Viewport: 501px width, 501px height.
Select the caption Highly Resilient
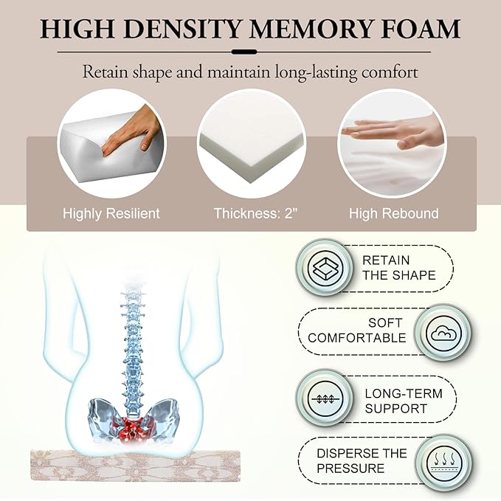111,213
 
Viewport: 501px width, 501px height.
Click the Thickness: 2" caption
255,213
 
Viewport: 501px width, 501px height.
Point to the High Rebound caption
394,213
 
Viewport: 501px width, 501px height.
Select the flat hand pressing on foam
393,134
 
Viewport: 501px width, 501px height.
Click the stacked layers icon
325,267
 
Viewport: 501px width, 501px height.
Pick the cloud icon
443,334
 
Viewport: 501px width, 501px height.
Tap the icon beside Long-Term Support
325,398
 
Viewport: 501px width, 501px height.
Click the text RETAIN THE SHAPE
398,268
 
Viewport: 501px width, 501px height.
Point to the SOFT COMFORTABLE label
356,331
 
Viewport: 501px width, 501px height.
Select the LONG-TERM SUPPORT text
404,401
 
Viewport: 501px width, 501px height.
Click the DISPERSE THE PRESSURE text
362,460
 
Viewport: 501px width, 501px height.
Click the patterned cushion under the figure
135,465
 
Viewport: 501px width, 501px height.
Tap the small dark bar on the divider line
244,52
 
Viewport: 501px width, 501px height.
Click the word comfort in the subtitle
390,72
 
